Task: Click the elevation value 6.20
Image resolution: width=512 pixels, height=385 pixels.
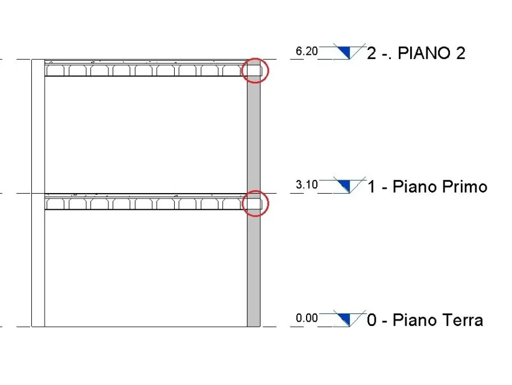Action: click(x=307, y=51)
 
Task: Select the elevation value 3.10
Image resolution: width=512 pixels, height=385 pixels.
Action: click(x=307, y=185)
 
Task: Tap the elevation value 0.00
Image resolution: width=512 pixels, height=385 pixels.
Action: click(x=307, y=318)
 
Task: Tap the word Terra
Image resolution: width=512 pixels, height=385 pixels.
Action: click(x=462, y=320)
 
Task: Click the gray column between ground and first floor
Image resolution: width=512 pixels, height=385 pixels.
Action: click(x=254, y=267)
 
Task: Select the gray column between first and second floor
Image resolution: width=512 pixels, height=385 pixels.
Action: click(x=254, y=134)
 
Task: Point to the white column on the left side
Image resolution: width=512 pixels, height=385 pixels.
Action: click(x=38, y=192)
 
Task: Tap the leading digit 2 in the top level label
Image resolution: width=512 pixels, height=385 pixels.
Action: click(x=372, y=53)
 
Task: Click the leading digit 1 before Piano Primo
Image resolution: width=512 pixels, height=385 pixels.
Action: click(x=372, y=186)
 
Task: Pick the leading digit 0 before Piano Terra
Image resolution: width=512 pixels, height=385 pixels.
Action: click(x=372, y=320)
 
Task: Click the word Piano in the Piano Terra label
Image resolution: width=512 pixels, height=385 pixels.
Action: click(x=414, y=320)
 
